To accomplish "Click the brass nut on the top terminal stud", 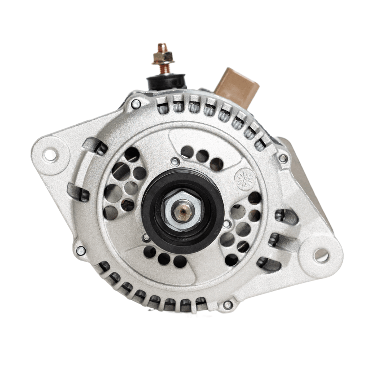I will point(163,58).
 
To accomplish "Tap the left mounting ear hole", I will point(50,155).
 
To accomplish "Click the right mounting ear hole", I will point(321,255).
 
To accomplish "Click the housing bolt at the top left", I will point(136,104).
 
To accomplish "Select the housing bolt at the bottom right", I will point(228,305).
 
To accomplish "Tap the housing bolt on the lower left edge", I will point(81,251).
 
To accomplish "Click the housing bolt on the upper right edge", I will point(283,158).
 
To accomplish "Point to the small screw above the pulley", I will point(175,162).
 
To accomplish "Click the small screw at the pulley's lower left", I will point(146,237).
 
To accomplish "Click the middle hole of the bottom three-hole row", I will point(164,258).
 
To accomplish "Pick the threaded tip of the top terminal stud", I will point(162,47).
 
